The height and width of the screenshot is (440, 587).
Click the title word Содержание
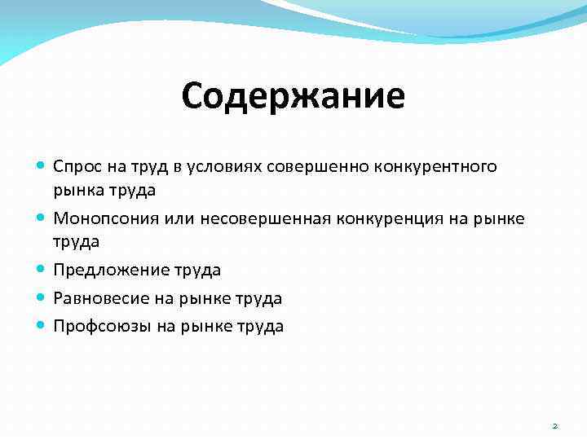click(x=293, y=96)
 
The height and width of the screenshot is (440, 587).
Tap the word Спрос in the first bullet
click(x=75, y=167)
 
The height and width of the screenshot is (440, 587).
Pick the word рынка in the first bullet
click(x=75, y=191)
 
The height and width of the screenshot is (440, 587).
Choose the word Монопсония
click(x=99, y=218)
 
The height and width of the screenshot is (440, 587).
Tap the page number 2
click(x=554, y=425)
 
